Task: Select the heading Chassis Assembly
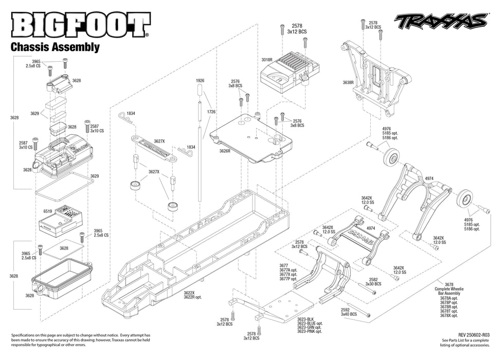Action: click(55, 47)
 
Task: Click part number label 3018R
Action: click(266, 60)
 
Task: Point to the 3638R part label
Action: click(348, 82)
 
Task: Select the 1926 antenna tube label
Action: click(201, 81)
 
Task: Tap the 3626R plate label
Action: click(225, 151)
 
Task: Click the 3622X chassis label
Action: click(188, 293)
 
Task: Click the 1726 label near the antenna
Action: click(211, 112)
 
